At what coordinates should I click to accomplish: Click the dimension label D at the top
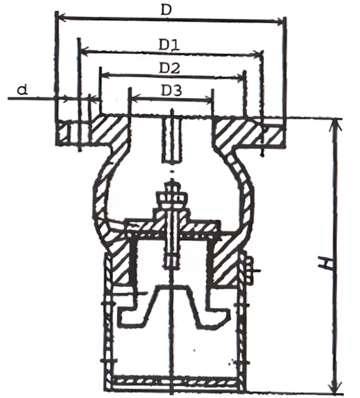click(166, 10)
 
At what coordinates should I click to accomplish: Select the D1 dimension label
click(169, 45)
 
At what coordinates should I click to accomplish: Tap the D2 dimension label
click(169, 68)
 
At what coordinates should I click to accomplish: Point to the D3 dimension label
click(172, 91)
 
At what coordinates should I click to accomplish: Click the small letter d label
click(22, 90)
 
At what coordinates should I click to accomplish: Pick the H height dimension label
click(326, 263)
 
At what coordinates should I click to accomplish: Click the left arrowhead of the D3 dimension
click(135, 98)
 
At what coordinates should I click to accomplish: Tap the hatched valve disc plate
click(173, 227)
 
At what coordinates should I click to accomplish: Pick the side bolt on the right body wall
click(249, 270)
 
